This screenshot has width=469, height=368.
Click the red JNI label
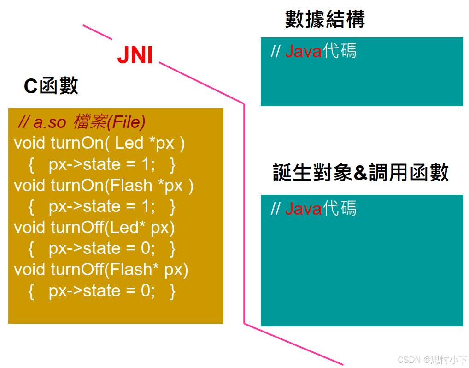pyautogui.click(x=135, y=55)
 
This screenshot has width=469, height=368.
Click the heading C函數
pyautogui.click(x=51, y=86)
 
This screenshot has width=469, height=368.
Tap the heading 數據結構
pyautogui.click(x=325, y=19)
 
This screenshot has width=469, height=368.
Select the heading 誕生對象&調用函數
pyautogui.click(x=361, y=173)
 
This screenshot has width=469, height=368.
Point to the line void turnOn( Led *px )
pyautogui.click(x=99, y=143)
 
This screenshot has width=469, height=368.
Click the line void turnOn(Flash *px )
pyautogui.click(x=104, y=186)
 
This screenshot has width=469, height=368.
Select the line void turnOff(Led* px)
pyautogui.click(x=94, y=228)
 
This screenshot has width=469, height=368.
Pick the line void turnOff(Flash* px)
pyautogui.click(x=101, y=270)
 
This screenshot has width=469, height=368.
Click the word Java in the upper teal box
pyautogui.click(x=303, y=52)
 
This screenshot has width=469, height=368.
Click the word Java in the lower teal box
pyautogui.click(x=303, y=209)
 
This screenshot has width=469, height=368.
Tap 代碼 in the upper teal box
pyautogui.click(x=340, y=51)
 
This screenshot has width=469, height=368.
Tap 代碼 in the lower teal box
pyautogui.click(x=340, y=209)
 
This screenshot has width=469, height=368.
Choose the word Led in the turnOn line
pyautogui.click(x=129, y=143)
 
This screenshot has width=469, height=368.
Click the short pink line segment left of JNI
pyautogui.click(x=97, y=32)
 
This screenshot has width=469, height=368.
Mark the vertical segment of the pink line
pyautogui.click(x=244, y=212)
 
